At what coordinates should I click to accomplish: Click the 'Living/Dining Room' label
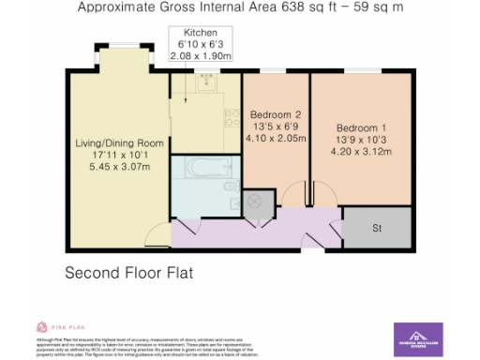[119, 143]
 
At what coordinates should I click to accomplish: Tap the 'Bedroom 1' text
[361, 127]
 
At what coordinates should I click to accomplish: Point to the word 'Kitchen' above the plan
[200, 32]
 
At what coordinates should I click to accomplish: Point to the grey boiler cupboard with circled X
[258, 202]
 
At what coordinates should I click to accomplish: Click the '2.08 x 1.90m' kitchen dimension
[200, 56]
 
